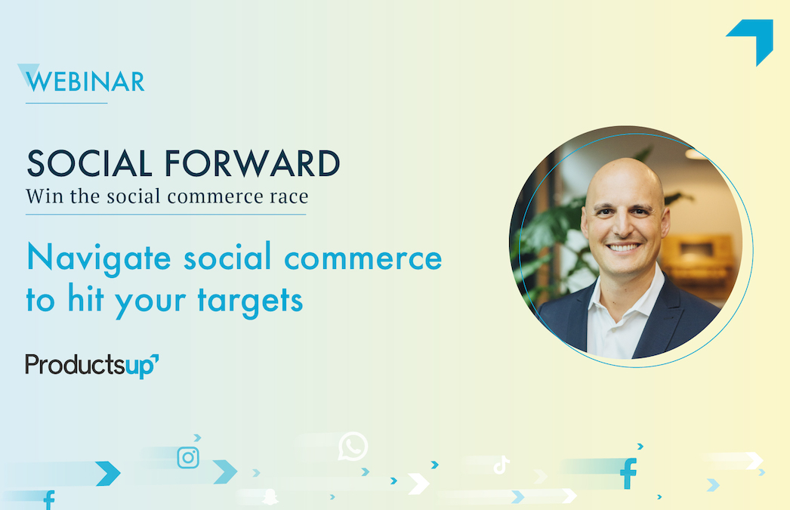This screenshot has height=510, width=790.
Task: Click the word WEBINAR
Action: point(85,82)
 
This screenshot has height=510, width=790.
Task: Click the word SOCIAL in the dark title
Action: point(89,163)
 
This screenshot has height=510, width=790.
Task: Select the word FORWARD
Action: point(252,163)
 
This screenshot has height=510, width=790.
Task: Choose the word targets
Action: point(250,301)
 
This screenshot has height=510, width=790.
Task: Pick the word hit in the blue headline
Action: point(85,298)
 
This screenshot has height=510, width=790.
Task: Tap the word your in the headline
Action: point(150,302)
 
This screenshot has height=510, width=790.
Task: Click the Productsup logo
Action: point(92,366)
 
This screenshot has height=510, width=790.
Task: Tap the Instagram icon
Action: point(188,458)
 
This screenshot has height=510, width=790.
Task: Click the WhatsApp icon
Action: point(353,446)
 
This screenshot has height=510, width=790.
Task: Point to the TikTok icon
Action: point(501,465)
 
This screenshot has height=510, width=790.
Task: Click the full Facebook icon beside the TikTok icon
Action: point(628,473)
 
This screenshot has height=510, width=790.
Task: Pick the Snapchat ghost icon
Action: point(270,496)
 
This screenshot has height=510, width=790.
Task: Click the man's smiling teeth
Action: point(623,247)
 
